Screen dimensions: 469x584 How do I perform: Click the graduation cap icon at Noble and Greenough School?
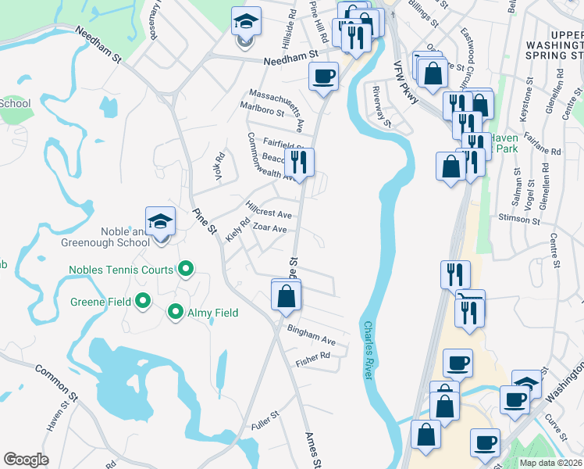[x=160, y=222]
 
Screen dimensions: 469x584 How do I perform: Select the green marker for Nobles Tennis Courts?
[x=185, y=270]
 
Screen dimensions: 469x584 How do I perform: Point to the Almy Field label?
[x=212, y=313]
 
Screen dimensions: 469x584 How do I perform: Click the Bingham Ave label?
[x=311, y=335]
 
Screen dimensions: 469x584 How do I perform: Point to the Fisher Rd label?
[x=313, y=360]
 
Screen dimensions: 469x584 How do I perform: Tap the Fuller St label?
[x=265, y=421]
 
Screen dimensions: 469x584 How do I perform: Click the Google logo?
[x=26, y=460]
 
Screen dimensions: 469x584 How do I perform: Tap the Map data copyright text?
[x=550, y=463]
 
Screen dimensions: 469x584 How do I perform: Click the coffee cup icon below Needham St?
[x=323, y=77]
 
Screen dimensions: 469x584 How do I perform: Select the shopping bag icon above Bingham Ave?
[x=287, y=295]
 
